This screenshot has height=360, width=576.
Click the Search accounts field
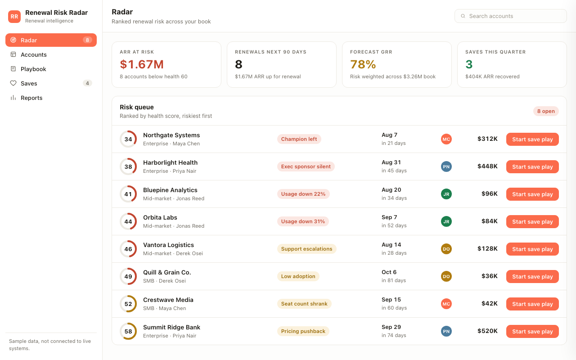pos(510,16)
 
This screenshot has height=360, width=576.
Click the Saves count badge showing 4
pos(87,83)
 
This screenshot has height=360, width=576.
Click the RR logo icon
pos(14,17)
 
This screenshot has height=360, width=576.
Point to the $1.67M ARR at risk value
pos(142,64)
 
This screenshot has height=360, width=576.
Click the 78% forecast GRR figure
pos(363,64)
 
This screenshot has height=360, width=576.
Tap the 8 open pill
pos(546,111)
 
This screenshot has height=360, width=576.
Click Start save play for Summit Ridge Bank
pos(532,331)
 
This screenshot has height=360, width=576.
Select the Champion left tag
pos(299,139)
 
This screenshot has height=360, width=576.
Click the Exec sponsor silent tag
pos(306,166)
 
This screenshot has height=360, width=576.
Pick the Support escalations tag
pos(306,249)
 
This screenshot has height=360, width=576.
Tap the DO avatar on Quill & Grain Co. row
pos(446,276)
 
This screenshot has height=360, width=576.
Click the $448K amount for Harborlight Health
pos(487,166)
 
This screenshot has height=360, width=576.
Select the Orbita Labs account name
pos(160,217)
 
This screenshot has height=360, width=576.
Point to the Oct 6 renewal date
pos(389,272)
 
